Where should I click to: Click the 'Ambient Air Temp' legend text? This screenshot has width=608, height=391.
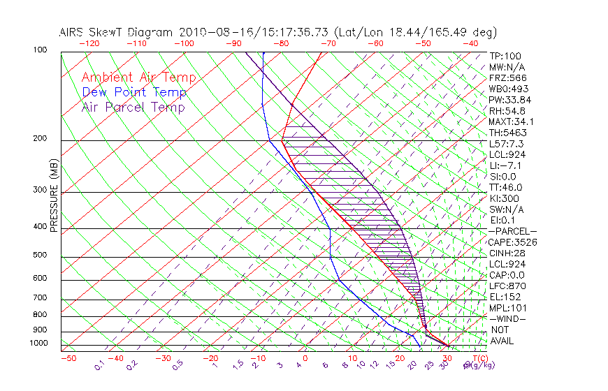click(138, 78)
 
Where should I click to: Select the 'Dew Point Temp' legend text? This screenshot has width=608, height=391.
click(134, 92)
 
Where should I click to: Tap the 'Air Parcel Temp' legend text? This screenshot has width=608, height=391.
click(133, 107)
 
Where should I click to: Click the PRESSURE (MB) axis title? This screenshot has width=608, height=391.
click(54, 195)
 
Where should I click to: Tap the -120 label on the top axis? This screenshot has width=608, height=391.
click(89, 43)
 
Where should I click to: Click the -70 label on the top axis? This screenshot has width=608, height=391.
click(327, 43)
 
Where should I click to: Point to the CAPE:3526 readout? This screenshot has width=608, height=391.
click(512, 242)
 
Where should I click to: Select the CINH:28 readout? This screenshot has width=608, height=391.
click(507, 253)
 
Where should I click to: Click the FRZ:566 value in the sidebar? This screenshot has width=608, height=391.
click(508, 78)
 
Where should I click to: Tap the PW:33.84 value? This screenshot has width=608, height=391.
click(510, 100)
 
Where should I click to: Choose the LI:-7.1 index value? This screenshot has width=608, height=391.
click(507, 165)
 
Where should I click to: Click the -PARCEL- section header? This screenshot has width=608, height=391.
click(512, 231)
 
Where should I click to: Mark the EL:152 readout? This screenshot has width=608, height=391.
click(505, 297)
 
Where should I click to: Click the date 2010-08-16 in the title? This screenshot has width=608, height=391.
click(211, 32)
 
